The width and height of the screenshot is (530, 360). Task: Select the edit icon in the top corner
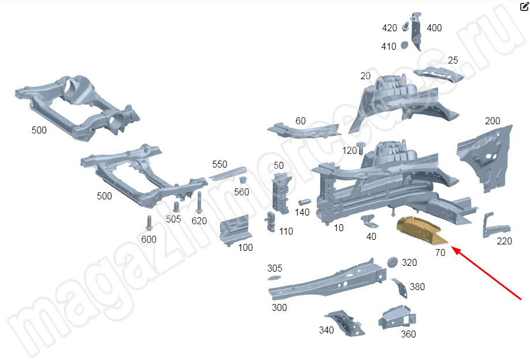pos(524,6)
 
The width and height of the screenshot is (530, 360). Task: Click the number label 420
pos(390,28)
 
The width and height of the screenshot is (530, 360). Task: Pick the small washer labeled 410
pos(404,45)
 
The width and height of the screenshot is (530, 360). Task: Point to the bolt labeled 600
pos(149,222)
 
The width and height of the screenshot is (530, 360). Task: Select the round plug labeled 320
pos(392,262)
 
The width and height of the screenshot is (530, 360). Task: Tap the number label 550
pos(220,164)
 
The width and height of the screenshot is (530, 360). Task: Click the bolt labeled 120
pos(361,148)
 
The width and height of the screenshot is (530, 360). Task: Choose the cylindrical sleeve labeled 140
pos(305,202)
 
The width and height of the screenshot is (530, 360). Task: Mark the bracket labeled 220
pos(495,225)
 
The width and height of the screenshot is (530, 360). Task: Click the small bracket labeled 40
pos(369,221)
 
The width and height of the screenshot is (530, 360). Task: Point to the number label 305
pos(275,268)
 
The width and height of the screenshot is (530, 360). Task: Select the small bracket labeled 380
pos(400,288)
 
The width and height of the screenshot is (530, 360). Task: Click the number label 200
pos(492,121)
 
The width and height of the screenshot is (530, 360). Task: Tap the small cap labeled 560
pos(242,180)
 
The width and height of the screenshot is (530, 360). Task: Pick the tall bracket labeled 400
pos(416,31)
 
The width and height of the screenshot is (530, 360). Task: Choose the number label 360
pos(408,334)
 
